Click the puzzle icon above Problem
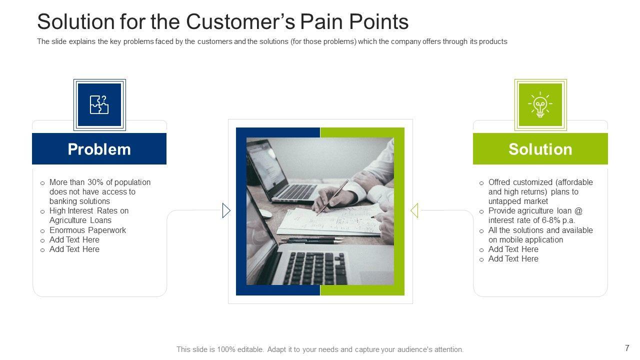[x=99, y=105]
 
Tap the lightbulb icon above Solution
[x=540, y=104]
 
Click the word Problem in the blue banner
[x=99, y=149]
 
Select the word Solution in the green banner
[x=540, y=149]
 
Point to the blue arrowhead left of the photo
[x=226, y=210]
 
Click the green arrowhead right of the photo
[x=414, y=210]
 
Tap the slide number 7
[x=627, y=348]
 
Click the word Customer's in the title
[x=240, y=21]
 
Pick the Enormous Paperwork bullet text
[x=87, y=230]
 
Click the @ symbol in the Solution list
[x=578, y=211]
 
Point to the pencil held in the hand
[x=332, y=197]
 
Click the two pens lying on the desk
[x=312, y=240]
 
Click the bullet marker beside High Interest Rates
[x=42, y=211]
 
